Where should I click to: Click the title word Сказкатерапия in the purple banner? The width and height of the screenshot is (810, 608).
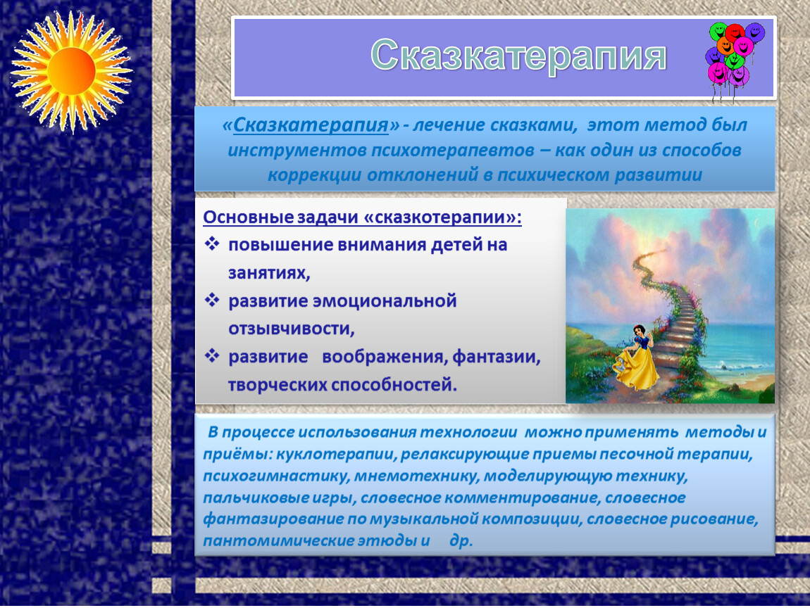point(518,56)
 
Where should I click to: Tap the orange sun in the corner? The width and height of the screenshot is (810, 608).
point(71,71)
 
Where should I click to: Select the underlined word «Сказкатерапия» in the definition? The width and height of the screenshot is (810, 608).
point(311,125)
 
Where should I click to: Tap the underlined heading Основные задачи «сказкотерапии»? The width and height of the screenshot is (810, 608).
point(362,217)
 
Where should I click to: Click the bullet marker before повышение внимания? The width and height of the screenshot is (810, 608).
point(212,244)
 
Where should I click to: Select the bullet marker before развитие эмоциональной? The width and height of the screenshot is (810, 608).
point(212,300)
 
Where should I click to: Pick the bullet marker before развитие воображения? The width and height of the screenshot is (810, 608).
point(212,355)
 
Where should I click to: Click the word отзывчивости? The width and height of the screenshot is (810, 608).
point(292,329)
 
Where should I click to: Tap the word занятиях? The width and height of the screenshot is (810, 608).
point(269,273)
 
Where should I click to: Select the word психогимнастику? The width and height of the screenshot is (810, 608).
point(276,476)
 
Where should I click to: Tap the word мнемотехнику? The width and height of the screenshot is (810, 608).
point(416,476)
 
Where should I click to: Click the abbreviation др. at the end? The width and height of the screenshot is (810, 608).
point(461,541)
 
